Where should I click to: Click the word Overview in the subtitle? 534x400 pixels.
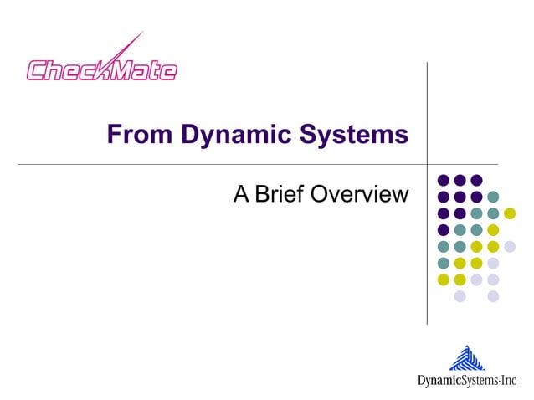coord(359,195)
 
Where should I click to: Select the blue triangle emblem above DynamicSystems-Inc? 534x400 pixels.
coord(466,359)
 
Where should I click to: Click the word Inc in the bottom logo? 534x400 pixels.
coord(509,382)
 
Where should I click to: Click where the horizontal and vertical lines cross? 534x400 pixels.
coord(427,165)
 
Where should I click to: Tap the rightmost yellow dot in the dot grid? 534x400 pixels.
coord(510,213)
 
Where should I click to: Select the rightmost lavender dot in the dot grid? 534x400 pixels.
coord(510,246)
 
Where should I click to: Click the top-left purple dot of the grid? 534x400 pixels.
coord(444,180)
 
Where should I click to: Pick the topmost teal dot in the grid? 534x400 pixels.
coord(493,197)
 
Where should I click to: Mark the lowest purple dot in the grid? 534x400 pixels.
coord(444,229)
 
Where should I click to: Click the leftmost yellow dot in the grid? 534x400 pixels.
coord(444,279)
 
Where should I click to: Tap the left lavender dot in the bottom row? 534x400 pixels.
coord(460,295)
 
